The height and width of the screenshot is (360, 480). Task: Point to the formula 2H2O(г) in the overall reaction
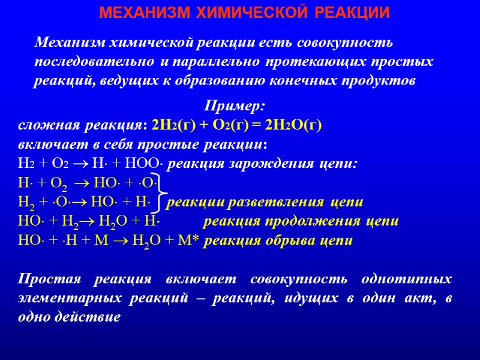[x=294, y=125]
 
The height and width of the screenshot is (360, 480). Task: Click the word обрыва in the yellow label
[x=286, y=240]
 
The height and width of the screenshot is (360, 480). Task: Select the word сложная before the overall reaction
[x=47, y=125]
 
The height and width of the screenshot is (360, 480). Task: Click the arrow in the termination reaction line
[x=119, y=241]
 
